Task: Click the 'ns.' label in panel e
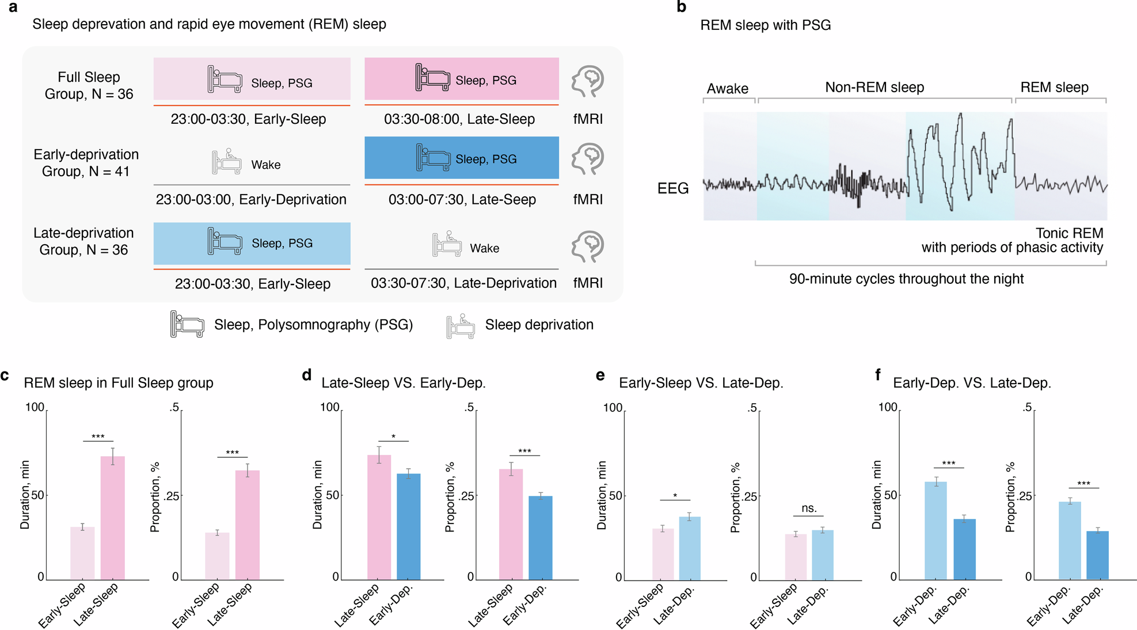[x=809, y=508]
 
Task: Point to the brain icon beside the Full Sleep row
[x=587, y=82]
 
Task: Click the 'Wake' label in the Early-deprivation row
[x=265, y=165]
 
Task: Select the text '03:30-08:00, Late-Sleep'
[x=459, y=119]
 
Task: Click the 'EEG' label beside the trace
[x=673, y=188]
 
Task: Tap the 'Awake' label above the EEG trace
[x=727, y=89]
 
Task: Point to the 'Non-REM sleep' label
[x=874, y=88]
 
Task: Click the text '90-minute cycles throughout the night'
[x=906, y=279]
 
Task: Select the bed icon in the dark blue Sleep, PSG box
[x=433, y=158]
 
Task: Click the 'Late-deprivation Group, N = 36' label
[x=83, y=241]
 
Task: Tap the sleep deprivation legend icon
[x=461, y=326]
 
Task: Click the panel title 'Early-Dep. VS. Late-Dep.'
[x=972, y=383]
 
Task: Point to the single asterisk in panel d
[x=393, y=437]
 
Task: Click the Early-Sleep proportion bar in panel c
[x=217, y=555]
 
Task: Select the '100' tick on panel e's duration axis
[x=613, y=408]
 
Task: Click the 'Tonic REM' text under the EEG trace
[x=1069, y=233]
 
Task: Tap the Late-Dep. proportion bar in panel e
[x=822, y=554]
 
